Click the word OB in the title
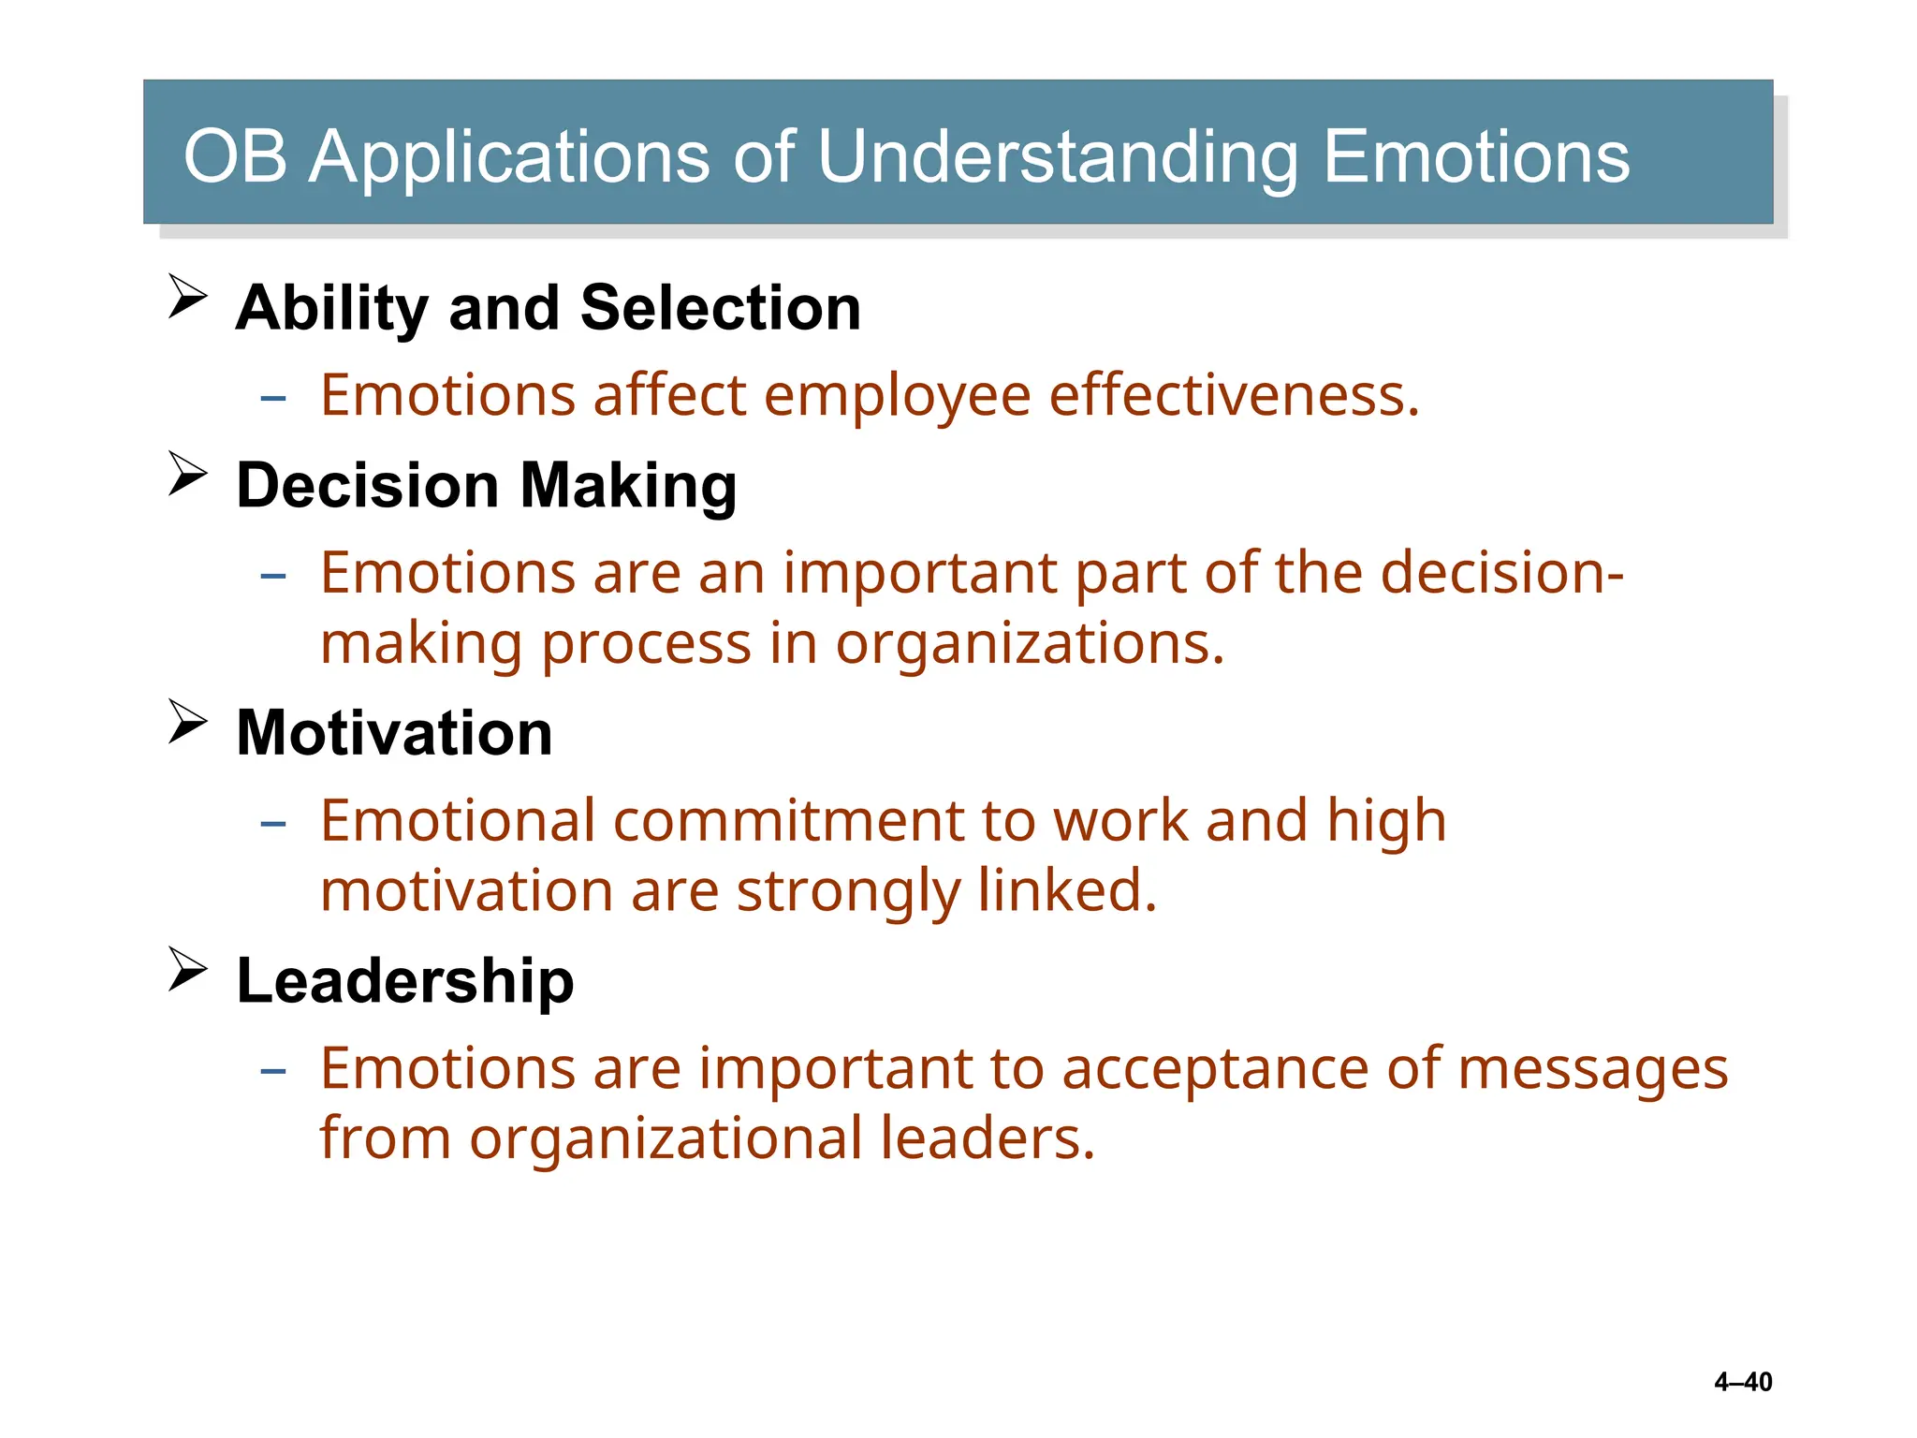[x=235, y=156]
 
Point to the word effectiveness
[x=1234, y=395]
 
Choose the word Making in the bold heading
[x=628, y=488]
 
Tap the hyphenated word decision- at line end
[x=1502, y=572]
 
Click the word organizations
[x=1030, y=644]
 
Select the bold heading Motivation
[x=394, y=733]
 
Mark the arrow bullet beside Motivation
[x=188, y=722]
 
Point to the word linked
[x=1067, y=890]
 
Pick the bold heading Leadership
[x=405, y=981]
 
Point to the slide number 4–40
[x=1743, y=1382]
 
